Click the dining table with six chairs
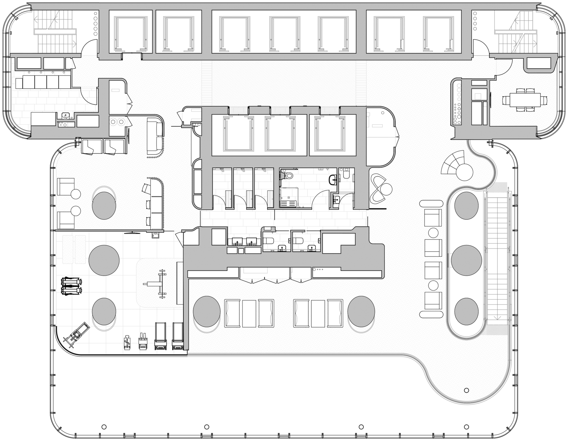[524, 101]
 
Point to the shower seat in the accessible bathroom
[289, 203]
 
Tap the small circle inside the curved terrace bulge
[466, 390]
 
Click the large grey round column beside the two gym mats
[104, 260]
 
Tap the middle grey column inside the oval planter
[466, 260]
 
